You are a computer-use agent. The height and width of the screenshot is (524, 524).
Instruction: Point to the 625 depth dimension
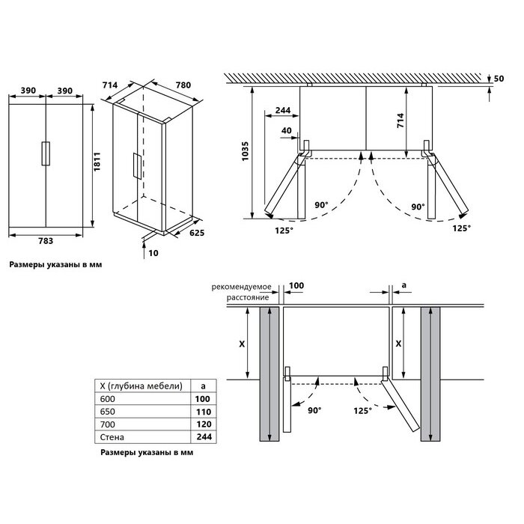(196, 233)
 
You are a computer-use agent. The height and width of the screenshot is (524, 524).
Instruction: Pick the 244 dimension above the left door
(283, 110)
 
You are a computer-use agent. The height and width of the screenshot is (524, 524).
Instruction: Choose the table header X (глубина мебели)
(141, 386)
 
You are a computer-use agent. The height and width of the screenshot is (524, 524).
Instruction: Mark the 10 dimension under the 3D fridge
(153, 253)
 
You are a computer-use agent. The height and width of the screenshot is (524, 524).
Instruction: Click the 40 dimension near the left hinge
(287, 131)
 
